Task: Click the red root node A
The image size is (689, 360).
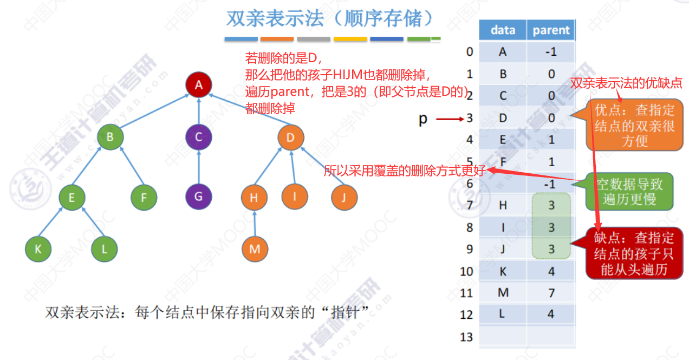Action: [x=199, y=84]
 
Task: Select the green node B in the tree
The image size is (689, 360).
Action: [x=110, y=138]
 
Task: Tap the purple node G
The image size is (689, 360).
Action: [x=199, y=197]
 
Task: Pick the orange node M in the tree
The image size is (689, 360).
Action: [x=255, y=249]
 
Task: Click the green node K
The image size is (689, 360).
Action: [x=38, y=250]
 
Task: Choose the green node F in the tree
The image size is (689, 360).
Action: [x=144, y=197]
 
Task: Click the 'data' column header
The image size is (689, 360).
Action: [x=503, y=30]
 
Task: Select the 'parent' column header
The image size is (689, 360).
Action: [x=551, y=30]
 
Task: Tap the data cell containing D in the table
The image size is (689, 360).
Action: [x=503, y=118]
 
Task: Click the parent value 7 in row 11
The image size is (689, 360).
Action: [x=551, y=293]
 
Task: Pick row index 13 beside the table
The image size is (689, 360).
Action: [x=466, y=337]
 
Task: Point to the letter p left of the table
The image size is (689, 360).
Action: [x=423, y=119]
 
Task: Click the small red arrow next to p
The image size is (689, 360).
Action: [x=448, y=119]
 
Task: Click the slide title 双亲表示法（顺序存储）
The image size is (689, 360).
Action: [x=330, y=19]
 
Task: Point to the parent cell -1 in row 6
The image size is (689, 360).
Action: [x=551, y=184]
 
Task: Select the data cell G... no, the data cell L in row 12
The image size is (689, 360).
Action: [x=503, y=315]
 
